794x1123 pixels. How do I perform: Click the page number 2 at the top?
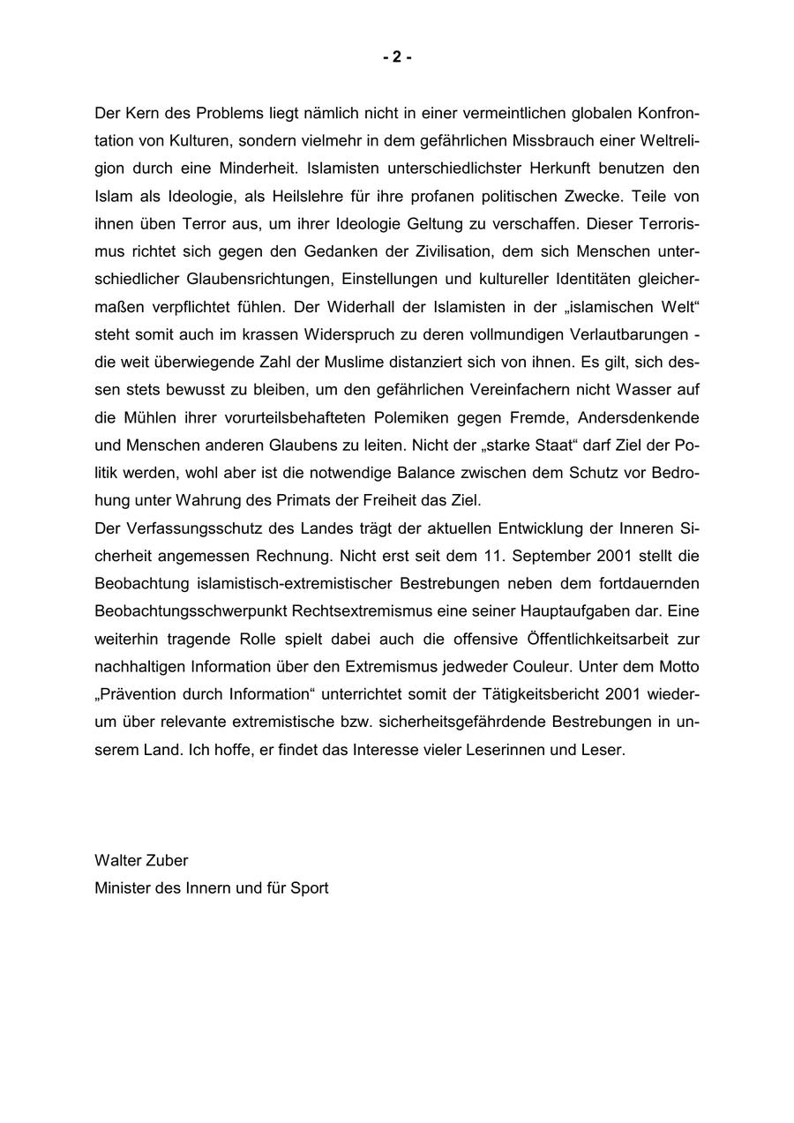pyautogui.click(x=397, y=57)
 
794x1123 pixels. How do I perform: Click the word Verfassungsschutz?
pyautogui.click(x=190, y=528)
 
